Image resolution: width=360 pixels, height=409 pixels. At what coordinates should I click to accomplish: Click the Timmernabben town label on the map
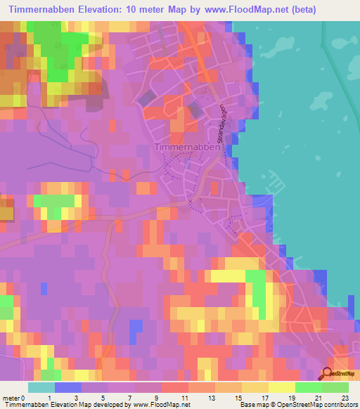coord(181,148)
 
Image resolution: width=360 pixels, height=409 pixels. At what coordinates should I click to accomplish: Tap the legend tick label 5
coord(103,398)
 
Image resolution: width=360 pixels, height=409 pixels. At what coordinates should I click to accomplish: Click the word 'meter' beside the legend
coord(11,398)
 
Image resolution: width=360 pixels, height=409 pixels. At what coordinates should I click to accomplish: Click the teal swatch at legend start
coord(41,387)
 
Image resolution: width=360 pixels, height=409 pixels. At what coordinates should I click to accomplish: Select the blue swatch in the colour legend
coord(68,387)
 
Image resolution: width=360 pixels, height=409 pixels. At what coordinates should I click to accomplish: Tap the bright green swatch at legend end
coord(335,387)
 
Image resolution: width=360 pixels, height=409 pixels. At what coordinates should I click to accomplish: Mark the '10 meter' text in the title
coord(148,10)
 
